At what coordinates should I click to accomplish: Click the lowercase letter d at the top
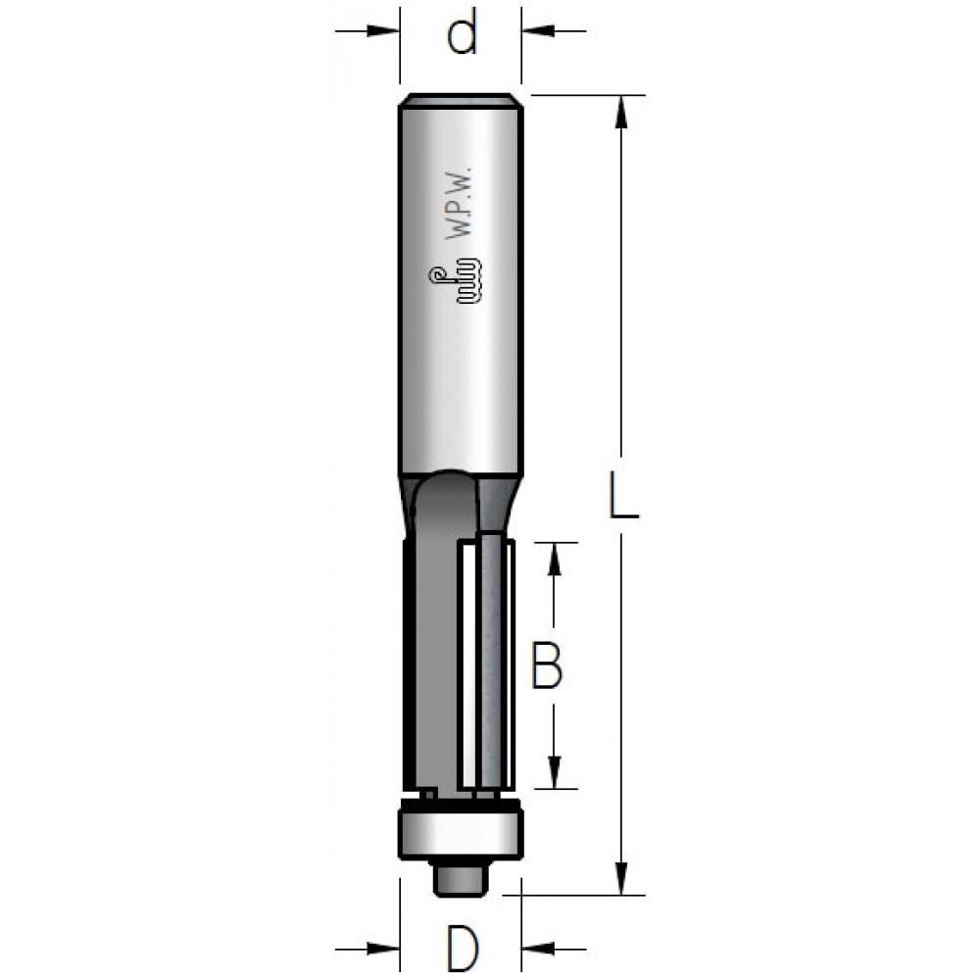click(461, 37)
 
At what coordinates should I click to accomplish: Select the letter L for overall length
click(619, 497)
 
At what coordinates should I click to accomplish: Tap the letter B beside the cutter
click(547, 664)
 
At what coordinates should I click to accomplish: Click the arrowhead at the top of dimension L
click(619, 112)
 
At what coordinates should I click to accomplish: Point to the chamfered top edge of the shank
click(460, 98)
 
